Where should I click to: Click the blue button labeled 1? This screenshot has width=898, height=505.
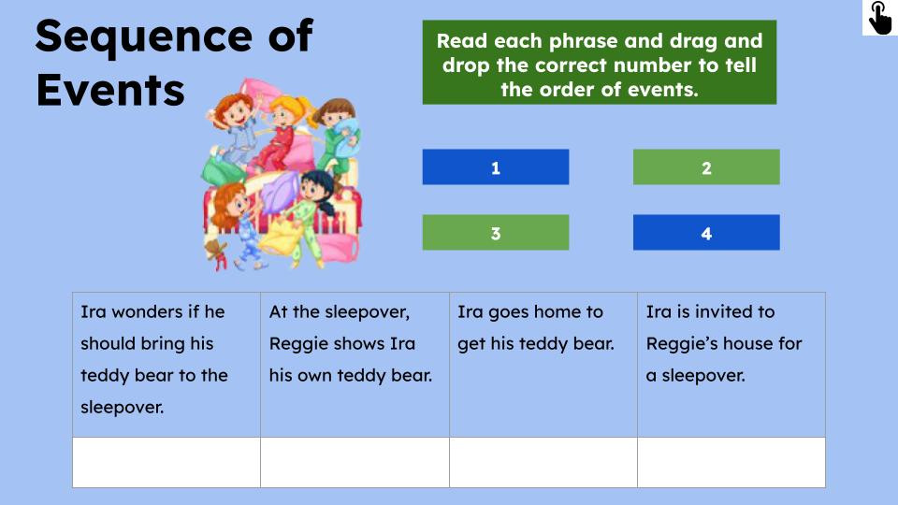(495, 167)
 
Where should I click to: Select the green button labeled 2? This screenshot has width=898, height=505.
(705, 167)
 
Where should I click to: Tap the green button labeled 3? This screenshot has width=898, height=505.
(495, 233)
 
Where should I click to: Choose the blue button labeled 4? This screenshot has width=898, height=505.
(705, 233)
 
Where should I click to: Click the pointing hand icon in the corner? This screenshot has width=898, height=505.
(879, 18)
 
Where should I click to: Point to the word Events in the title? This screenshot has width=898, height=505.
(110, 91)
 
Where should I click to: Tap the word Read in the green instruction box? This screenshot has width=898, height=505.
(461, 41)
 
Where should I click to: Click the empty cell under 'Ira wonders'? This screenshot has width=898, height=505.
(167, 462)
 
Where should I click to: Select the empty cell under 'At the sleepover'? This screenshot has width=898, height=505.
(355, 462)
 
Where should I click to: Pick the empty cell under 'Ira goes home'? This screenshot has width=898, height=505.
(543, 462)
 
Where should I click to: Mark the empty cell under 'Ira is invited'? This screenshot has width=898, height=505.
(731, 462)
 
